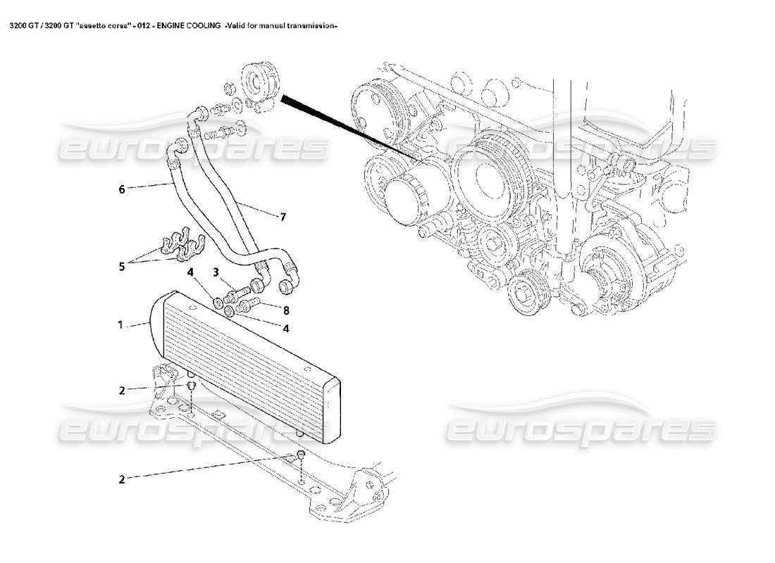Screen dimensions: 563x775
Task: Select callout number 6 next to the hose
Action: click(x=121, y=189)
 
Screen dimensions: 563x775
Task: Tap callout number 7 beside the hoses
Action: click(x=283, y=217)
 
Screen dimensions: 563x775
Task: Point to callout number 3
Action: click(x=217, y=271)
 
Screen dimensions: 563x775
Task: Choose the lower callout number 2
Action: click(x=122, y=479)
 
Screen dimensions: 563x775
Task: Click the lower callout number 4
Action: click(x=285, y=327)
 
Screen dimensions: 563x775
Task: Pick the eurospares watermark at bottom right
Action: click(x=581, y=426)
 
